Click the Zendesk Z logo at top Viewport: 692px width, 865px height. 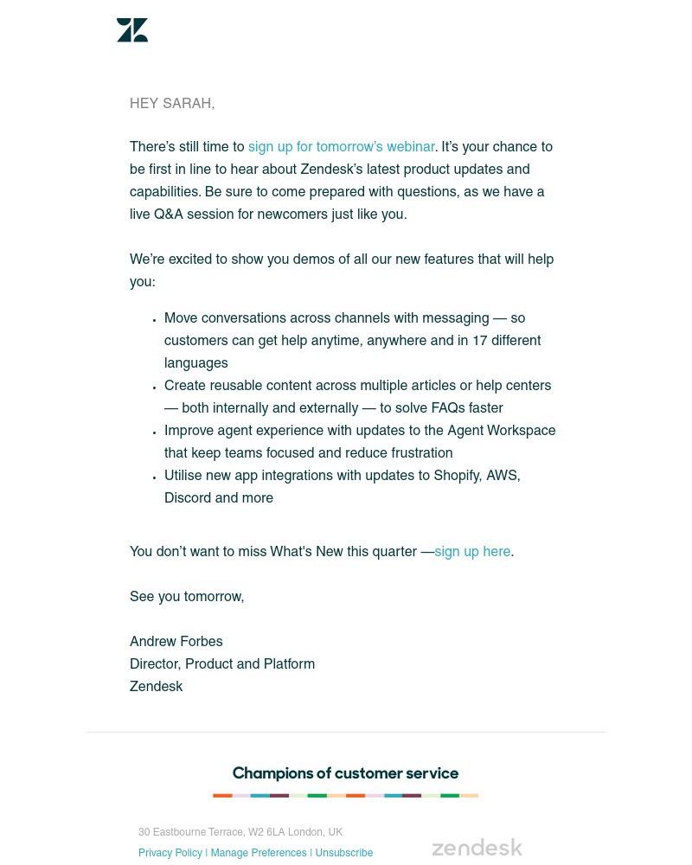coord(132,30)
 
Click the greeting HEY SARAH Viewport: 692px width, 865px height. coord(172,104)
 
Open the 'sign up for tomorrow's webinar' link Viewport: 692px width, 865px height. coord(341,147)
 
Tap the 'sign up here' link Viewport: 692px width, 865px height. coord(472,552)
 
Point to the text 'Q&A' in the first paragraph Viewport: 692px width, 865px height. coord(169,215)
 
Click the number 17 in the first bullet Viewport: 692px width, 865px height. coord(480,341)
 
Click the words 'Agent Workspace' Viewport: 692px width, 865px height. coord(502,431)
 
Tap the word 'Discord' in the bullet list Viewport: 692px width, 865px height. coord(188,498)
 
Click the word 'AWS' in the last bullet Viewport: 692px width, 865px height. coord(503,476)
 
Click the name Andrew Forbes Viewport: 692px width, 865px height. coord(176,642)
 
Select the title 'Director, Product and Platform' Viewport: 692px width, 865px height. coord(222,664)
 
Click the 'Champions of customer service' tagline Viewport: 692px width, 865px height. coord(345,773)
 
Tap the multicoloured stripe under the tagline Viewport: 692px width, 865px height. coord(345,795)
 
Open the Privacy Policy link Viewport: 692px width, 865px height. coord(170,853)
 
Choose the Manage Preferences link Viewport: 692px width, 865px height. coord(259,853)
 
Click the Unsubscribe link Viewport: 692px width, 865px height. coord(344,853)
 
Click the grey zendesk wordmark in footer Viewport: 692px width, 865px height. coord(477,848)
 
